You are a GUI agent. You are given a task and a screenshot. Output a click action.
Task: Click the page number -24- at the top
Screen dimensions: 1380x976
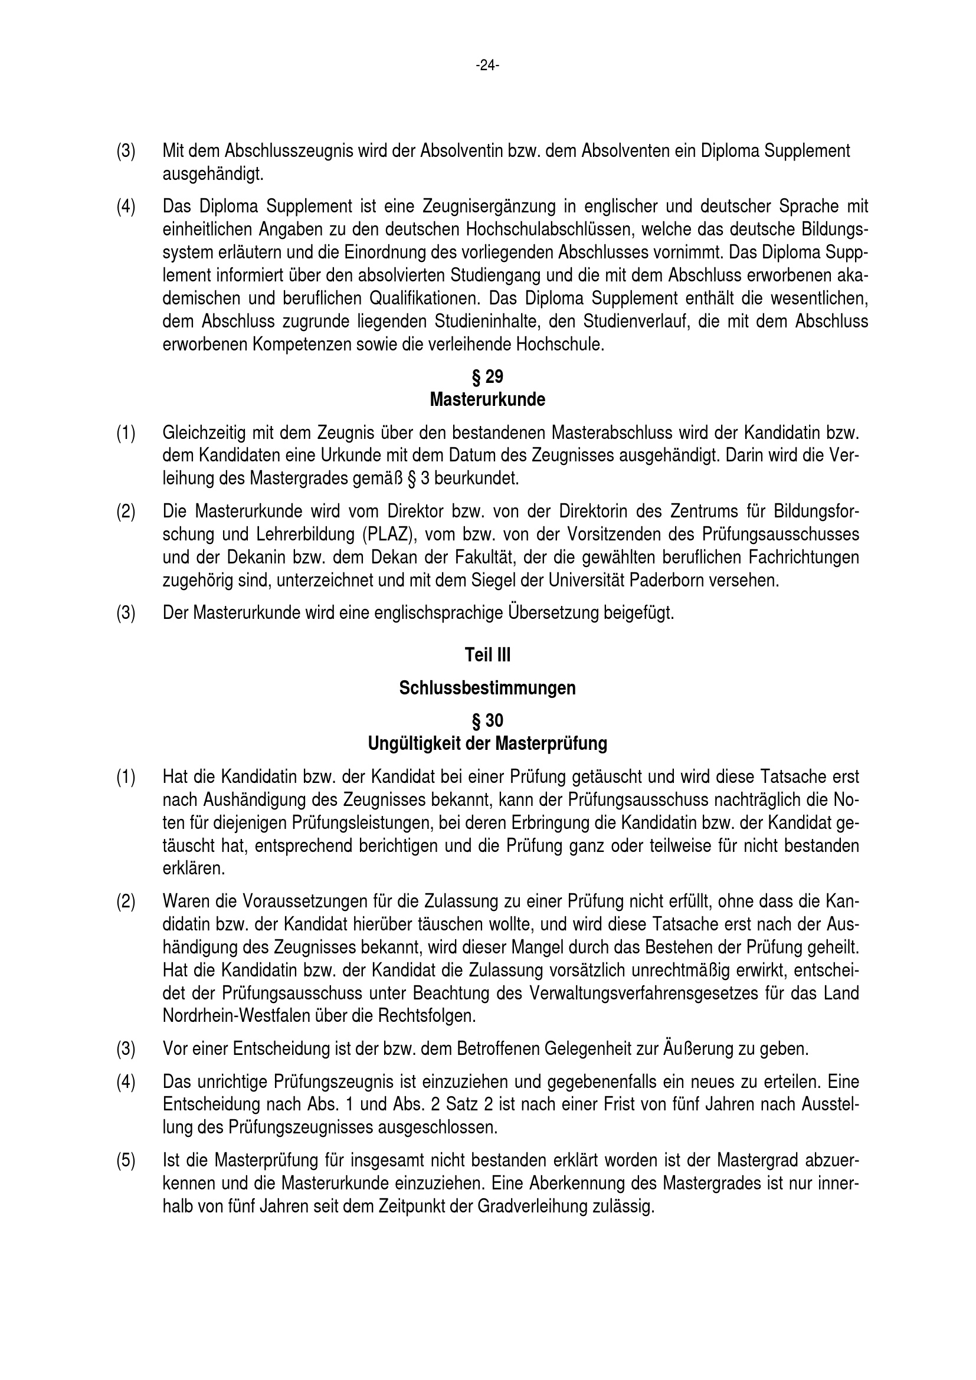(487, 65)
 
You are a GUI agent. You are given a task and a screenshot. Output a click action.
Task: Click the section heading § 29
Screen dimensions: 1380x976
(487, 377)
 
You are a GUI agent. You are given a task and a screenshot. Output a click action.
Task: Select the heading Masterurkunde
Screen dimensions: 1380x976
(487, 399)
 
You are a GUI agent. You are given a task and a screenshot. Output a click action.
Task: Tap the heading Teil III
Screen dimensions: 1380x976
(487, 655)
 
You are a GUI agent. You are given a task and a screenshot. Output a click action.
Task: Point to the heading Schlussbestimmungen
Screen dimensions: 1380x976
(487, 688)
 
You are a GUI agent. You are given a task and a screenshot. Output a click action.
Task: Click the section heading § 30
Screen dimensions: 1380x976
(487, 720)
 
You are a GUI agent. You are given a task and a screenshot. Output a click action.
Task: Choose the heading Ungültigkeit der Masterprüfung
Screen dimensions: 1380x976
(487, 744)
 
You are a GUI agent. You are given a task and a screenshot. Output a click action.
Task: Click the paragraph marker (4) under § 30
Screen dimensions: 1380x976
(126, 1082)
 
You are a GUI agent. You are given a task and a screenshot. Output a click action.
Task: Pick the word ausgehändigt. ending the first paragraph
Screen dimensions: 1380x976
(214, 174)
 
